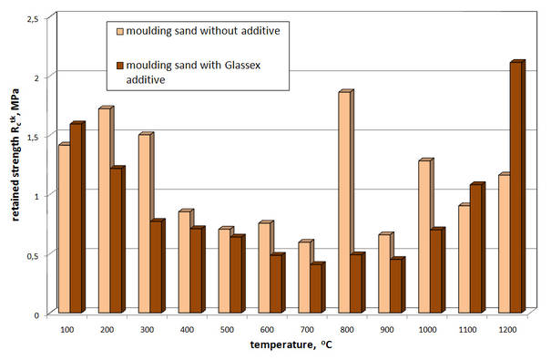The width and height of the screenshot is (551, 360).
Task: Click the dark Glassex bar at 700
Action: pos(315,289)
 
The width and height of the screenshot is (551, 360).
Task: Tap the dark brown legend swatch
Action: pos(117,65)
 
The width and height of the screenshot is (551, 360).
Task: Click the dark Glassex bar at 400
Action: pos(195,270)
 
